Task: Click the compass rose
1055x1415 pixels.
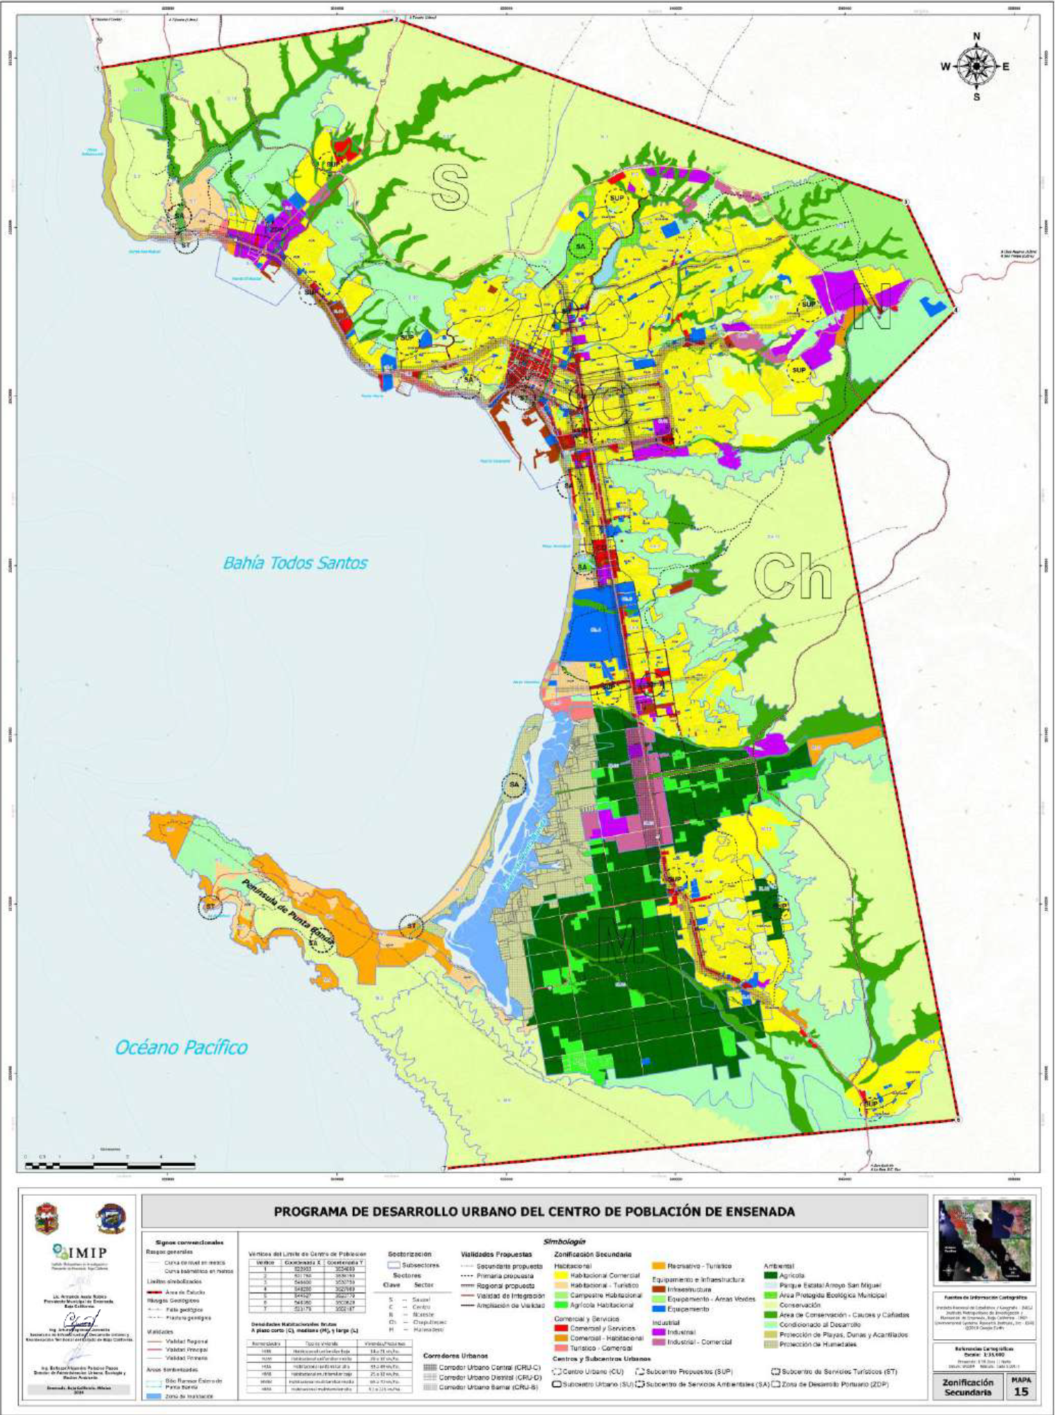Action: click(976, 66)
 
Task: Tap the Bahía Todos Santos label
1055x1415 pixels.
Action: click(295, 563)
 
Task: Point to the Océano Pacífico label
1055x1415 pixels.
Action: click(181, 1047)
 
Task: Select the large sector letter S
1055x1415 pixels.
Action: click(450, 186)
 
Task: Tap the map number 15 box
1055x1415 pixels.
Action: click(1020, 1386)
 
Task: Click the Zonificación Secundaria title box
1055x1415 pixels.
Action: click(967, 1386)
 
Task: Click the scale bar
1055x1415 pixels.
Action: click(110, 1164)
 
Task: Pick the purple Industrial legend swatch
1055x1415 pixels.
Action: click(658, 1332)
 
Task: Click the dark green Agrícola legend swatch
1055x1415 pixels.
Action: click(770, 1275)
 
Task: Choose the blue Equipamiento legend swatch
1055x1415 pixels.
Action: click(658, 1309)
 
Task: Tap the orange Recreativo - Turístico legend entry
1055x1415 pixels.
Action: click(689, 1266)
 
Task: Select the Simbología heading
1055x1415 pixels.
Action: click(564, 1241)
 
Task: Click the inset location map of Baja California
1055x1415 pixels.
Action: click(983, 1241)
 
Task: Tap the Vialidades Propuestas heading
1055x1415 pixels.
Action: click(496, 1254)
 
